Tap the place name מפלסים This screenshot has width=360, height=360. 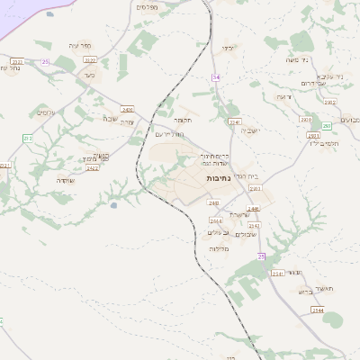(148, 7)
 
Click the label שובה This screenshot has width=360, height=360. (110, 118)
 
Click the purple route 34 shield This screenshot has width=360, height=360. (216, 77)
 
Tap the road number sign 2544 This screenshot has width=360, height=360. (317, 310)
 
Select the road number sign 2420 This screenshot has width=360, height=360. (128, 107)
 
